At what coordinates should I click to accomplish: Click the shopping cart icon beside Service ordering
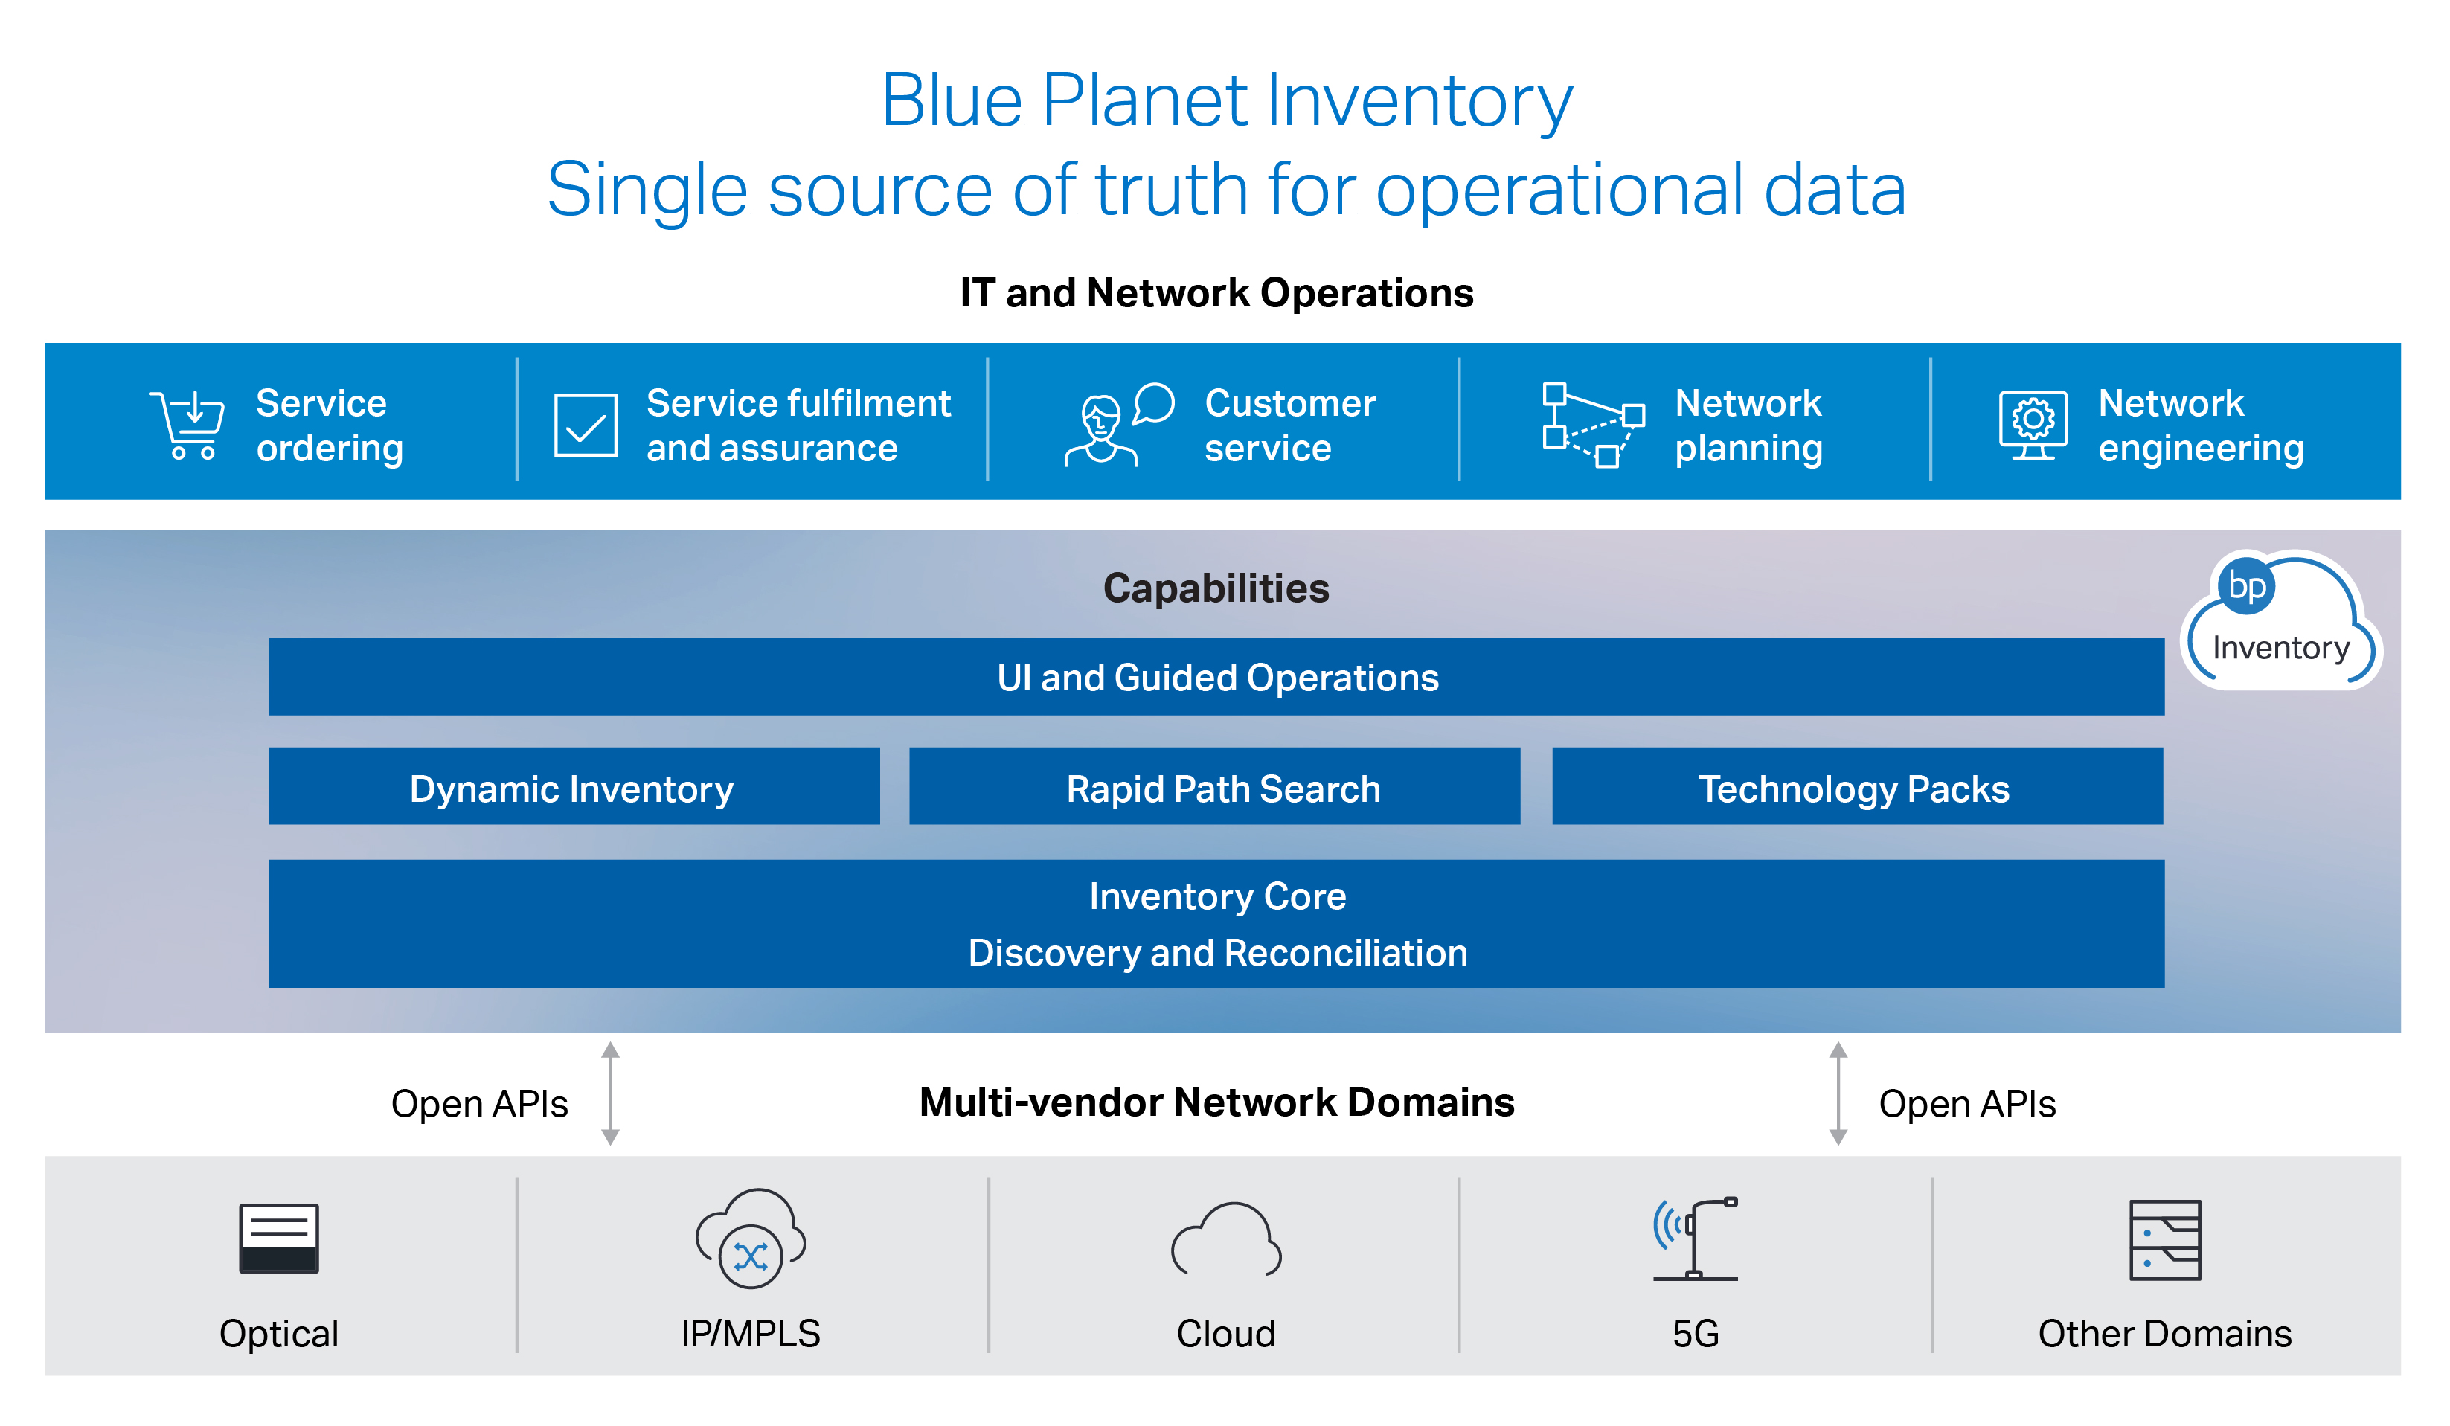click(187, 425)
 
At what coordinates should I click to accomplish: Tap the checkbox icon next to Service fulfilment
click(586, 425)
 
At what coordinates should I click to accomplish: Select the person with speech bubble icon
click(1118, 425)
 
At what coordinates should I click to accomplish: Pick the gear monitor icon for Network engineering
click(2032, 424)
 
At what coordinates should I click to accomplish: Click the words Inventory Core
click(1217, 896)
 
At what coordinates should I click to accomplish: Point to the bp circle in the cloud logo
click(2246, 586)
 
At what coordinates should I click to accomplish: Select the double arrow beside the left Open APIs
click(611, 1093)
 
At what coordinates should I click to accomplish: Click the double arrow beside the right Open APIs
click(1838, 1093)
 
